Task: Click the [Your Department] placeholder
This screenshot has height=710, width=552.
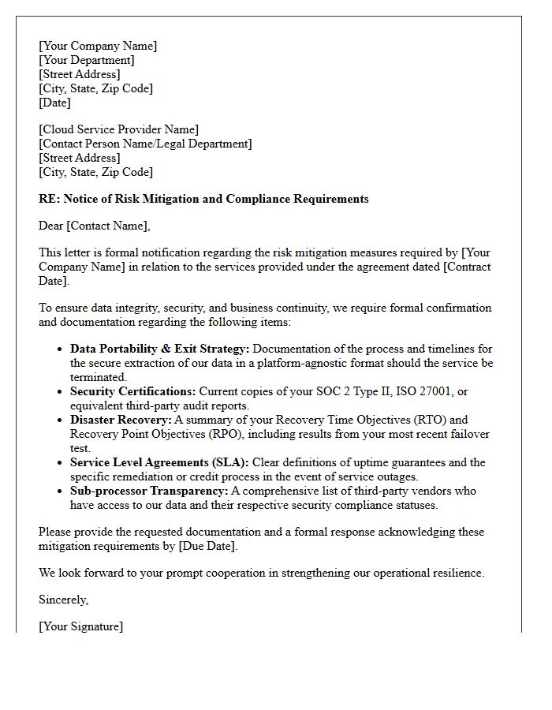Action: pyautogui.click(x=87, y=60)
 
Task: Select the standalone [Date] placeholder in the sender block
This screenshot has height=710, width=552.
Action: pyautogui.click(x=54, y=103)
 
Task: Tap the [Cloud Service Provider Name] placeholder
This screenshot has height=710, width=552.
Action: pyautogui.click(x=118, y=129)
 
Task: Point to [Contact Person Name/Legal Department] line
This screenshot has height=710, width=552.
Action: pyautogui.click(x=145, y=144)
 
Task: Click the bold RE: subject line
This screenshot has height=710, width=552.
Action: pyautogui.click(x=203, y=199)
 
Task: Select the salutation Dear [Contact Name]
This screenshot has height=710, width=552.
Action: pyautogui.click(x=94, y=226)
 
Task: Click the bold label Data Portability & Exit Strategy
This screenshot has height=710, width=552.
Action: pyautogui.click(x=160, y=349)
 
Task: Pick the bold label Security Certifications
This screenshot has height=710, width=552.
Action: pyautogui.click(x=132, y=391)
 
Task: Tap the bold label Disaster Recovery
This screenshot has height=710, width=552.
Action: pyautogui.click(x=121, y=420)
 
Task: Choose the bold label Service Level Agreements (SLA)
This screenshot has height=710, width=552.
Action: pyautogui.click(x=159, y=462)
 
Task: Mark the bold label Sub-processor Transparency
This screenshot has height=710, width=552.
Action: pyautogui.click(x=149, y=491)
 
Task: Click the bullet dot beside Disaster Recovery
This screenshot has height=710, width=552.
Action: pyautogui.click(x=60, y=420)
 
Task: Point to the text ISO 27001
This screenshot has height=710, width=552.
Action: pyautogui.click(x=442, y=391)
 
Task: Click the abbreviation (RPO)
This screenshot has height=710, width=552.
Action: pyautogui.click(x=211, y=434)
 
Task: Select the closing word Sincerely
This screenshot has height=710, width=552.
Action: pyautogui.click(x=63, y=600)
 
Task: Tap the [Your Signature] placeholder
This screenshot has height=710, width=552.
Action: pyautogui.click(x=80, y=626)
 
